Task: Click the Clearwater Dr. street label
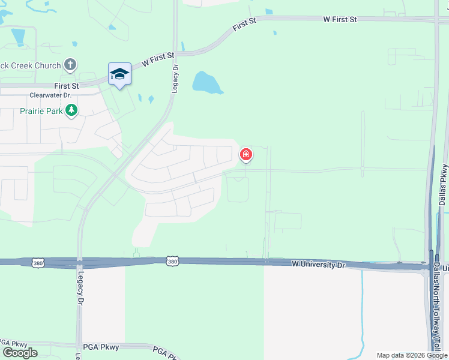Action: pyautogui.click(x=50, y=95)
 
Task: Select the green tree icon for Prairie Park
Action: pyautogui.click(x=71, y=110)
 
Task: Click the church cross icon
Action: pyautogui.click(x=70, y=65)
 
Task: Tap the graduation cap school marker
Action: pyautogui.click(x=119, y=74)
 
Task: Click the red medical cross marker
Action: pyautogui.click(x=246, y=155)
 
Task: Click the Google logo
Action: pyautogui.click(x=20, y=352)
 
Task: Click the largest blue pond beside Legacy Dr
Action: pyautogui.click(x=206, y=82)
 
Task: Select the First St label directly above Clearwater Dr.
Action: pyautogui.click(x=67, y=86)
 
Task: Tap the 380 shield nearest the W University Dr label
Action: pyautogui.click(x=172, y=261)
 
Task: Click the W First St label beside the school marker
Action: pyautogui.click(x=158, y=59)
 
